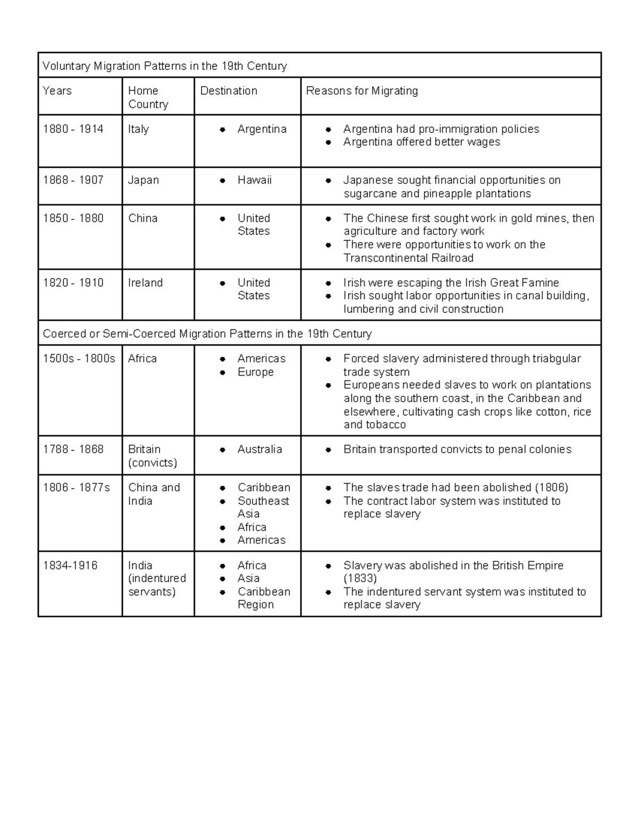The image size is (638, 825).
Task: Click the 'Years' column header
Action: coord(57,91)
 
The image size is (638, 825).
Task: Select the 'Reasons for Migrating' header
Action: coord(362,91)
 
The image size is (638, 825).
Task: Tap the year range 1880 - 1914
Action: coord(73,129)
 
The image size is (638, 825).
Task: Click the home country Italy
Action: coord(138,129)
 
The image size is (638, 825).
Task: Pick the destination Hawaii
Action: coord(254,180)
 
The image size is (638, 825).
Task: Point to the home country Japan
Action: coord(143,180)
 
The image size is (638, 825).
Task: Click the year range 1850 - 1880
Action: coord(73,218)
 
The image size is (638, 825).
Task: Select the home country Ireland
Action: coord(145,283)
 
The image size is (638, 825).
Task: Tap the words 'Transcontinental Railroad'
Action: coord(408,258)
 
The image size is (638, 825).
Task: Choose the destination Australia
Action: coord(259,449)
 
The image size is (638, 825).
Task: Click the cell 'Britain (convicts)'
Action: coord(152,456)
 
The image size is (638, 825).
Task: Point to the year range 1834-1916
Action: coord(70,565)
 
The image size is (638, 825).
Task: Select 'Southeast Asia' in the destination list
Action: coord(263,507)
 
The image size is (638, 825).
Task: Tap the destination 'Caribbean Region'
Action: coord(263,598)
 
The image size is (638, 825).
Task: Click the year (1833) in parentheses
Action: coord(360,579)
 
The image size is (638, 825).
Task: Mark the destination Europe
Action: coord(255,372)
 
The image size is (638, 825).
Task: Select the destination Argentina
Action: coord(262,129)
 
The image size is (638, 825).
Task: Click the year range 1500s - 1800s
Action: coord(79,359)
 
